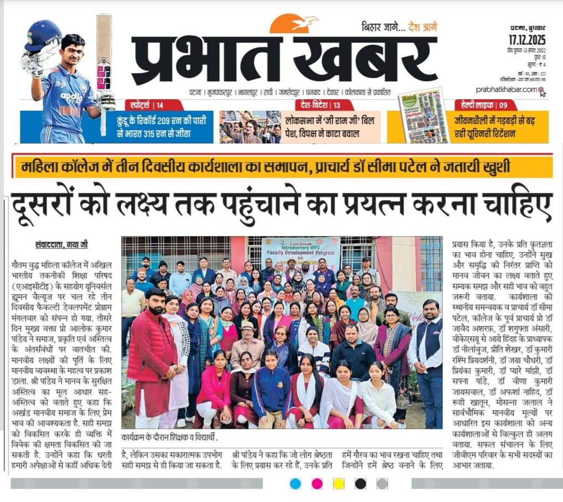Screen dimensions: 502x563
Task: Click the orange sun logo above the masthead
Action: coord(293,24)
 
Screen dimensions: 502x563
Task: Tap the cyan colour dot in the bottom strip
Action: coord(295,484)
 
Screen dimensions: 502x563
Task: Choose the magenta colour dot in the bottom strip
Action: coord(317,484)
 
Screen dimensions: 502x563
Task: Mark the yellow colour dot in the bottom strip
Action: coord(339,484)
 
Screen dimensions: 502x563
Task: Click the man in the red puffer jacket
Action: coord(152,355)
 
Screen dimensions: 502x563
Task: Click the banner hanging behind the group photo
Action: coord(301,252)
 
